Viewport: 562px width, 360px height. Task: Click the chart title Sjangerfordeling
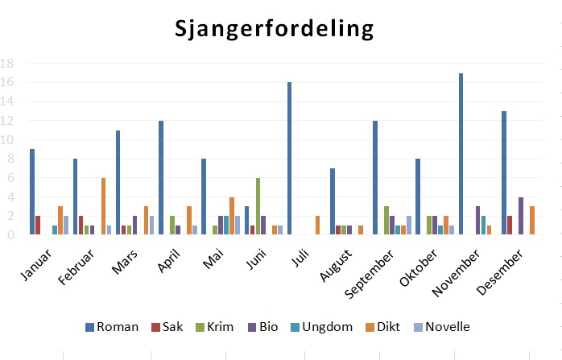pyautogui.click(x=275, y=29)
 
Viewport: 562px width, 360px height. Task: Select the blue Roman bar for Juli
pyautogui.click(x=289, y=159)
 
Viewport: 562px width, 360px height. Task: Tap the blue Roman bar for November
pyautogui.click(x=461, y=154)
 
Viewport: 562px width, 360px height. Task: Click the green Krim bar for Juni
pyautogui.click(x=258, y=206)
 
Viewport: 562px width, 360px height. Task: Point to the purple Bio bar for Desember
pyautogui.click(x=521, y=216)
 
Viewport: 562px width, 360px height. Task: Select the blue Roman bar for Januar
pyautogui.click(x=32, y=192)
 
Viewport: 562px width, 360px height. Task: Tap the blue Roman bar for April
pyautogui.click(x=161, y=178)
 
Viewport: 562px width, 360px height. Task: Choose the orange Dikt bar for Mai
pyautogui.click(x=232, y=216)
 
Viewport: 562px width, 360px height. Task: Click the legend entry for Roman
pyautogui.click(x=111, y=327)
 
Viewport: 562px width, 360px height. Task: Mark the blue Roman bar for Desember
pyautogui.click(x=504, y=173)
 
